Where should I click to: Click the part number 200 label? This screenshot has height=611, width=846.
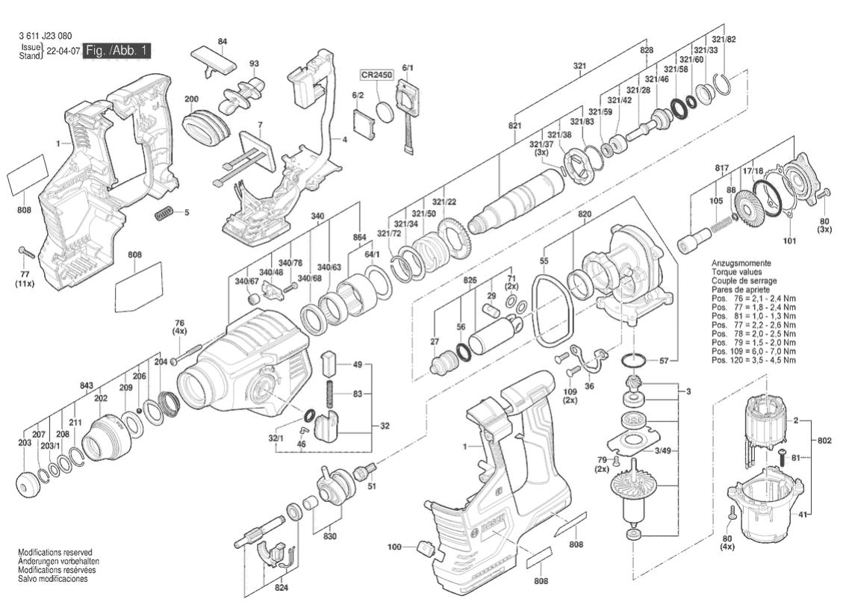(x=191, y=99)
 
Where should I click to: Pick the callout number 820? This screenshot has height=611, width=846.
(x=585, y=214)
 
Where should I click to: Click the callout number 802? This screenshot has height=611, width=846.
(x=824, y=441)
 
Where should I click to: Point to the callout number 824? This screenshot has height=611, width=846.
(x=281, y=587)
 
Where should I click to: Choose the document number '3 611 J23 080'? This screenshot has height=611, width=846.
(x=46, y=35)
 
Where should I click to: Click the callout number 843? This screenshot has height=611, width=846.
(x=86, y=385)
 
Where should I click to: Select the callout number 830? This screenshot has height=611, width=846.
(x=329, y=536)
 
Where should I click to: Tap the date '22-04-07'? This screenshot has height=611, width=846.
(x=62, y=52)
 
